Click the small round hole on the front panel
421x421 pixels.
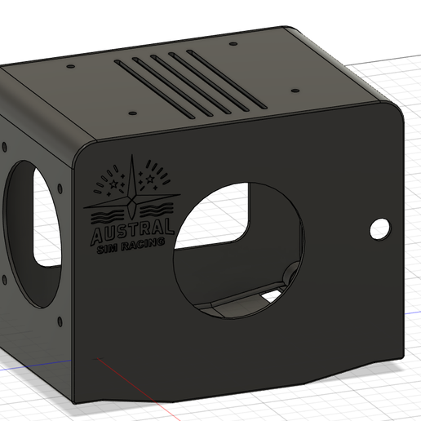coord(379,229)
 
